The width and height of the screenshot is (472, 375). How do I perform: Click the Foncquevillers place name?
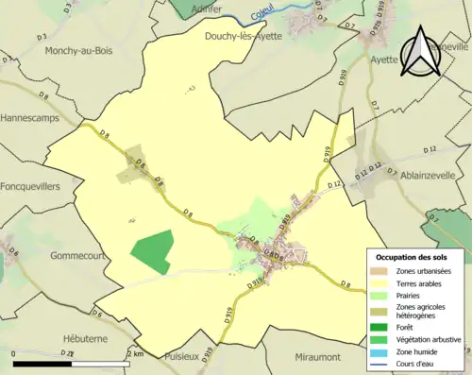31,187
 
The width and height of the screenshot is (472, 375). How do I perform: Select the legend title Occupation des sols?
412,257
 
